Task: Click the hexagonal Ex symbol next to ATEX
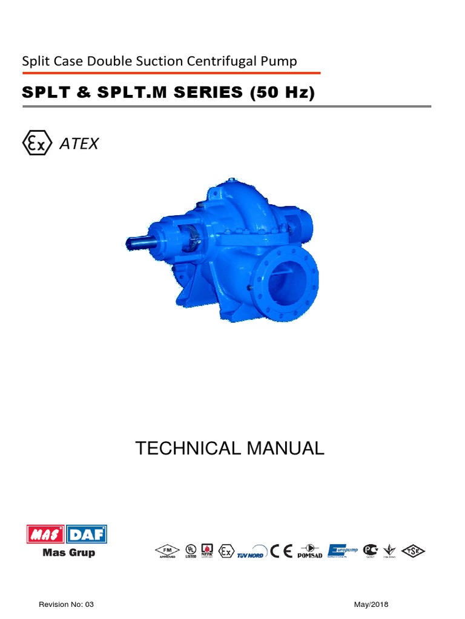coord(36,143)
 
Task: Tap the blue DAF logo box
coord(87,535)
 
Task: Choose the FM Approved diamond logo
coord(165,551)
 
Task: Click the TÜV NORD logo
coord(249,553)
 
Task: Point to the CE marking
coord(282,551)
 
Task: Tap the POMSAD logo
coord(310,551)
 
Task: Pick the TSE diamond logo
coord(415,551)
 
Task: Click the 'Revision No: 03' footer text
coord(66,604)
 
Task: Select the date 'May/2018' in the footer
coord(371,604)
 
